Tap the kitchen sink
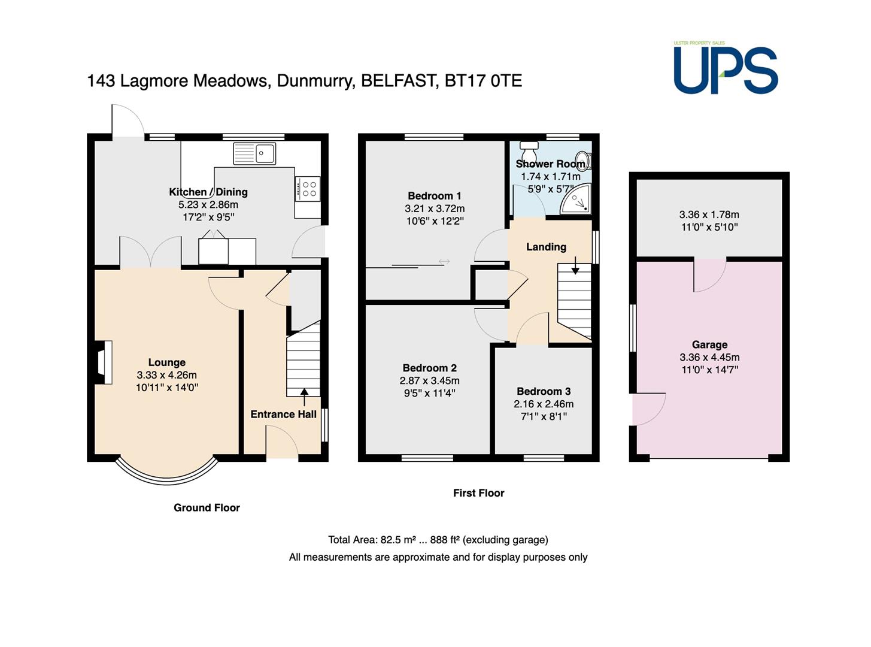click(254, 153)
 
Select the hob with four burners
click(307, 189)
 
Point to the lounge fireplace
click(103, 362)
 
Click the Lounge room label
click(166, 362)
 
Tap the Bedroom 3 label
click(544, 391)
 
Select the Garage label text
click(709, 344)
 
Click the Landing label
click(546, 247)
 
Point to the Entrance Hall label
click(283, 415)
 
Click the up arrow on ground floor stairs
click(304, 397)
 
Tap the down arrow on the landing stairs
click(575, 265)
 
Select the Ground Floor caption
click(207, 507)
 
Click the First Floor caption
click(478, 493)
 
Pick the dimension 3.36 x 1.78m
click(709, 214)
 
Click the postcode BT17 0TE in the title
click(483, 81)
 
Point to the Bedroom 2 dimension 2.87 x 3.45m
click(429, 380)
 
